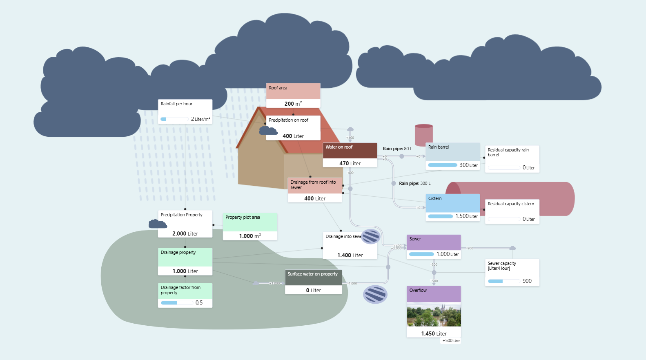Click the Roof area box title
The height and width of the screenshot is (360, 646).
278,88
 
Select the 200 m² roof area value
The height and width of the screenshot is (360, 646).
293,104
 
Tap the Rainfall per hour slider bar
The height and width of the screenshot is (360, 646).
175,119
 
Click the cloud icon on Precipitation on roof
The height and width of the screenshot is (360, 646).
268,131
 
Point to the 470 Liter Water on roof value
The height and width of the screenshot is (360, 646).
350,163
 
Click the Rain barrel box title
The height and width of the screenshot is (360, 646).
439,147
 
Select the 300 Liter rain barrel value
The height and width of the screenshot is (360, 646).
468,165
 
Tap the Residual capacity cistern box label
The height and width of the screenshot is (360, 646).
511,204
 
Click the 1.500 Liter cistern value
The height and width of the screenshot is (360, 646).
466,216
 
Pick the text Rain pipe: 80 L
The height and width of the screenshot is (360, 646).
397,149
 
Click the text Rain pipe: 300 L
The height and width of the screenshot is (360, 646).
414,183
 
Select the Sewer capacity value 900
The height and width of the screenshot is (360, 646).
527,281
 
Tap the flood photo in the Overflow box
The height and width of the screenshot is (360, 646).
434,314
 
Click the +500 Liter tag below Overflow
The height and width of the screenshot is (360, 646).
451,340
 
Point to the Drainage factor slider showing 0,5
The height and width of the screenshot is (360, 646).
177,303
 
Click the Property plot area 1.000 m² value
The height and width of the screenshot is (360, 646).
250,236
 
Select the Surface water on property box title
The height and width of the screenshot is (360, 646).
312,274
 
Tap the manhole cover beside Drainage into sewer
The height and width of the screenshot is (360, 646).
371,236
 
